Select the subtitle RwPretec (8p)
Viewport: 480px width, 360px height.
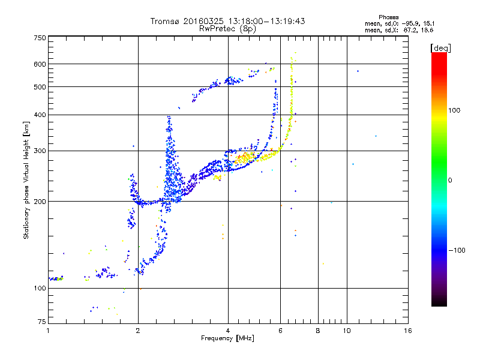click(x=227, y=28)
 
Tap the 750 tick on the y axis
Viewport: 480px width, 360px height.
click(x=40, y=38)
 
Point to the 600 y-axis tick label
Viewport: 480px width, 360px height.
click(x=40, y=64)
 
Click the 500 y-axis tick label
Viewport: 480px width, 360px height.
click(x=40, y=87)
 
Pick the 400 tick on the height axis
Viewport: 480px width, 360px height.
click(x=40, y=115)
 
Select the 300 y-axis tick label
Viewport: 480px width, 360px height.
click(x=40, y=151)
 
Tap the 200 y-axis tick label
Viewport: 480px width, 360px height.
click(x=40, y=202)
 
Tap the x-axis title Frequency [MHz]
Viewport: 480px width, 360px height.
click(x=228, y=339)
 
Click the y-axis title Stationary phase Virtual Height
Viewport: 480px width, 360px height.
click(x=26, y=180)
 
